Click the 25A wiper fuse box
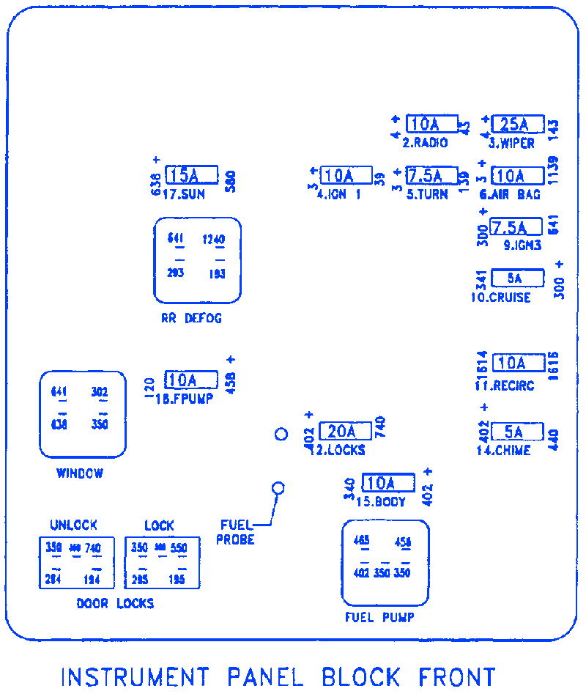coord(518,124)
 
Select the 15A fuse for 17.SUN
coord(191,175)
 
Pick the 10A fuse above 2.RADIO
coord(431,124)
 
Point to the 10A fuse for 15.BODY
coord(388,483)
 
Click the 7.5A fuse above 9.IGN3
coord(516,227)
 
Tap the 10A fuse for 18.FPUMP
coord(191,380)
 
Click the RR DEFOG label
coord(191,319)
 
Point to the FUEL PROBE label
coord(236,531)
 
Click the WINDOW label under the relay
coord(80,473)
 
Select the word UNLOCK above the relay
coord(73,525)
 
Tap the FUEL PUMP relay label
coord(379,618)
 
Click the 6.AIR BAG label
coord(510,195)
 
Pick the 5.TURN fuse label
coord(427,195)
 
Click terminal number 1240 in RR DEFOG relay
coord(213,240)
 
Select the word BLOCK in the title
coord(361,676)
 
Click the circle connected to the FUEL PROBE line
coord(278,488)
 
